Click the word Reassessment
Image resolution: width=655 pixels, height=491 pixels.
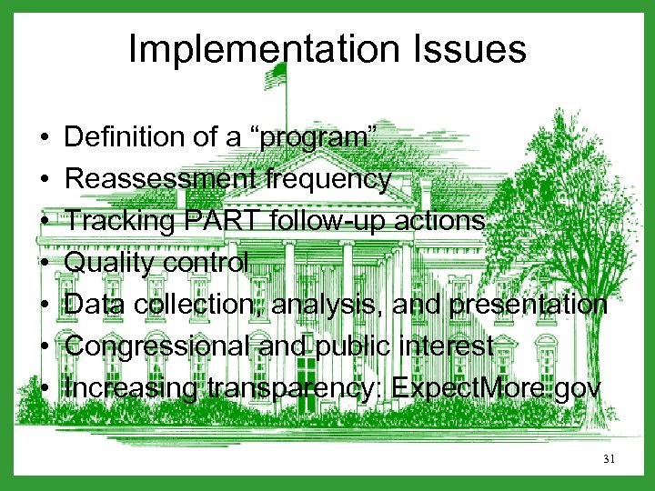[163, 179]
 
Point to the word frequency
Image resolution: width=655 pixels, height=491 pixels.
[328, 179]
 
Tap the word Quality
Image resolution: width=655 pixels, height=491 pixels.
[113, 263]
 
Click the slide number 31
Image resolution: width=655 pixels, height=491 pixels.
[609, 460]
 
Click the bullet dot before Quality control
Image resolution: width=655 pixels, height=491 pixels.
[45, 264]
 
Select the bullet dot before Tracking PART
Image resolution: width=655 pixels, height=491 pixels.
[45, 222]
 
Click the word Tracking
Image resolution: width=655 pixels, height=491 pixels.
[120, 221]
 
